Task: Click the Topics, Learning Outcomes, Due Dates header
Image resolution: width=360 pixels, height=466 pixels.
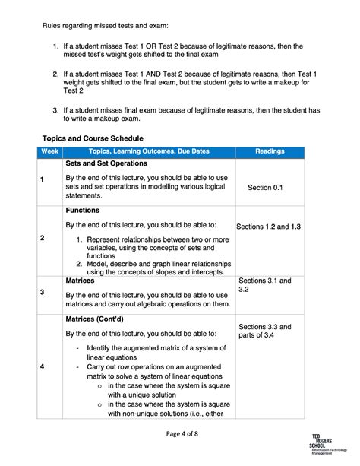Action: point(148,152)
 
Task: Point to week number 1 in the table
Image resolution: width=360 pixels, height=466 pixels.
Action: point(43,179)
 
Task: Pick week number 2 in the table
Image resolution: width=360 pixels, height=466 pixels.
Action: point(43,238)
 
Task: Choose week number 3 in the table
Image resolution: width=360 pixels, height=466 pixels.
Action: point(43,292)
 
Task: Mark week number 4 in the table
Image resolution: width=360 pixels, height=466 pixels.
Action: point(43,367)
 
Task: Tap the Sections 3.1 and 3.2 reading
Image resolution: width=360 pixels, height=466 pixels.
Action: point(264,285)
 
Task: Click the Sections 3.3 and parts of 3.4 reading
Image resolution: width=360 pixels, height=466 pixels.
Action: point(264,329)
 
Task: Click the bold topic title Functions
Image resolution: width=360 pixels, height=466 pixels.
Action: point(84,210)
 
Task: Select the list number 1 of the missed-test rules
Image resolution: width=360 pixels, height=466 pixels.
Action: point(56,48)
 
